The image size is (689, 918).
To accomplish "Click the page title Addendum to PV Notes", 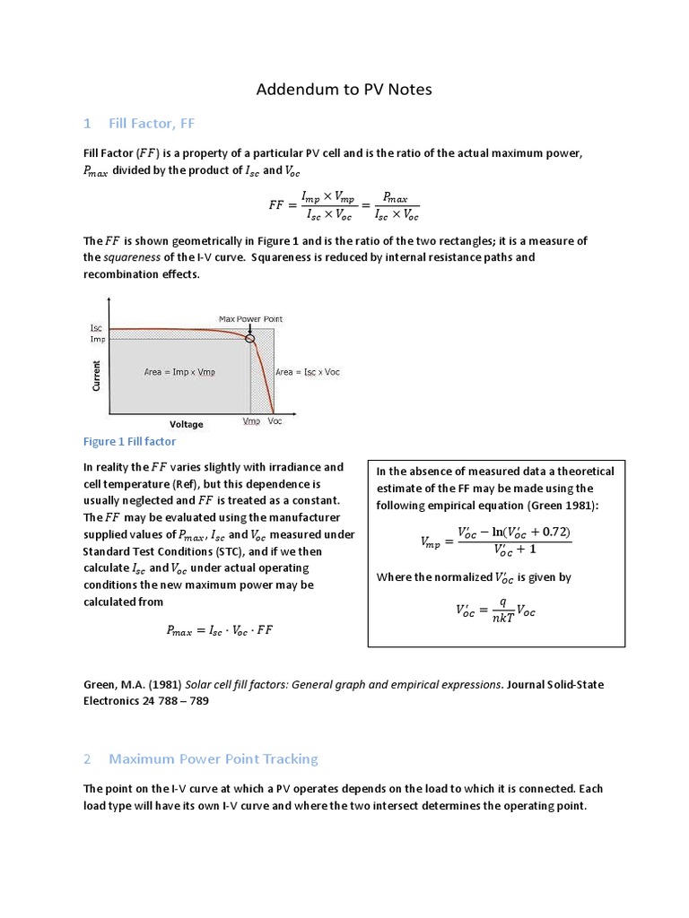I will (x=344, y=89).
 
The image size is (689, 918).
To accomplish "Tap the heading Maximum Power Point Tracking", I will (x=213, y=758).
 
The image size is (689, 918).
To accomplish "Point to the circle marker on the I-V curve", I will (x=250, y=338).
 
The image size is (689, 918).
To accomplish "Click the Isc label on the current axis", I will (x=97, y=328).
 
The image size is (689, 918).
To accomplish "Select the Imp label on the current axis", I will (x=97, y=339).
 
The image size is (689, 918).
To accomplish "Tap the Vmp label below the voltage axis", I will (x=251, y=421).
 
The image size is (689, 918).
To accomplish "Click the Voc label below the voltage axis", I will (x=275, y=421).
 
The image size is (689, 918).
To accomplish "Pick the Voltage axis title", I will (x=187, y=424).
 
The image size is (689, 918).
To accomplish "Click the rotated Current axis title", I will (x=96, y=375).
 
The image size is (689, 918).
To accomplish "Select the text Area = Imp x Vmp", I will (x=179, y=372).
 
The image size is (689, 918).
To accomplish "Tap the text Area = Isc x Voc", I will (x=308, y=372).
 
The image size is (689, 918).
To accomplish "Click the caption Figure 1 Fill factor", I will (x=129, y=441).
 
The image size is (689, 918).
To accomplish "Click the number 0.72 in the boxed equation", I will (x=552, y=532).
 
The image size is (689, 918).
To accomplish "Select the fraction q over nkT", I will (x=503, y=611).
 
